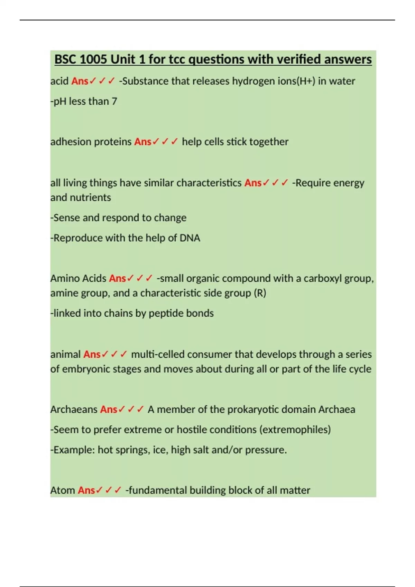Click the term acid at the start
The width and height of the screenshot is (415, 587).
pyautogui.click(x=59, y=81)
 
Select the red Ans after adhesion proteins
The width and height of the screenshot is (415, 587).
pyautogui.click(x=143, y=142)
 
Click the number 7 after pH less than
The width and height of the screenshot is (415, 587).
pyautogui.click(x=114, y=101)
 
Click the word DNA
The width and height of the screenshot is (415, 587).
pyautogui.click(x=190, y=238)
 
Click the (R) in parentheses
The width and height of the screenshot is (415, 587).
pyautogui.click(x=260, y=293)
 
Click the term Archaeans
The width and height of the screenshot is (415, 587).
pyautogui.click(x=74, y=410)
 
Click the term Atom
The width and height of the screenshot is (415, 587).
pyautogui.click(x=63, y=490)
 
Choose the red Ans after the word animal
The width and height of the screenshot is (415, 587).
pyautogui.click(x=92, y=354)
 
